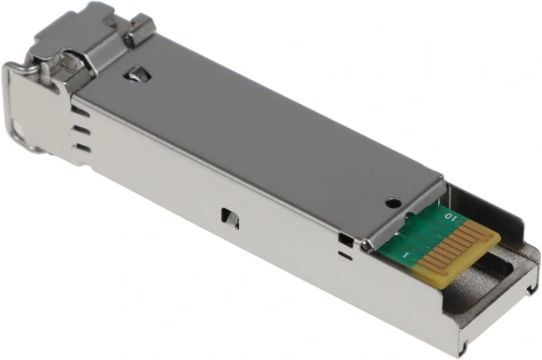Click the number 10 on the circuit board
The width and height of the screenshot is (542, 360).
click(452, 216)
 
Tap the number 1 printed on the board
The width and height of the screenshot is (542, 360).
click(404, 254)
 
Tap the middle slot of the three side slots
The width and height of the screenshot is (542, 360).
click(83, 130)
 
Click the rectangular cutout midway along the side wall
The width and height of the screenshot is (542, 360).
click(230, 217)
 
